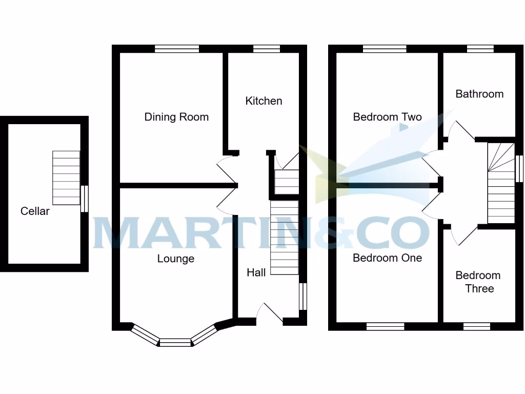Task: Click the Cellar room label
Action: click(x=35, y=211)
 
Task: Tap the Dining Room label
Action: click(x=176, y=117)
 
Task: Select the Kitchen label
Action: click(x=264, y=101)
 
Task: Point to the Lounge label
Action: click(x=175, y=259)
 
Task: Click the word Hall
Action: click(x=256, y=272)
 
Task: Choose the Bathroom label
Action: click(x=479, y=94)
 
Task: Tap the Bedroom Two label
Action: click(x=387, y=117)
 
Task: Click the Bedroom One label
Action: click(x=387, y=258)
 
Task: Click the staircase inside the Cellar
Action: click(x=66, y=178)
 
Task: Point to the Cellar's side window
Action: click(x=85, y=199)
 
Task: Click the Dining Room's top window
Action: click(x=177, y=49)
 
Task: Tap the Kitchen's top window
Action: click(x=267, y=49)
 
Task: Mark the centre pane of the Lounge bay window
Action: click(x=175, y=342)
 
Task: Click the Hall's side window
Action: click(x=302, y=297)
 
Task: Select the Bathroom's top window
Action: click(x=480, y=49)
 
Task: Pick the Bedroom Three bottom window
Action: click(x=477, y=326)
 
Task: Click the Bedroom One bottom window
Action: click(x=386, y=326)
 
